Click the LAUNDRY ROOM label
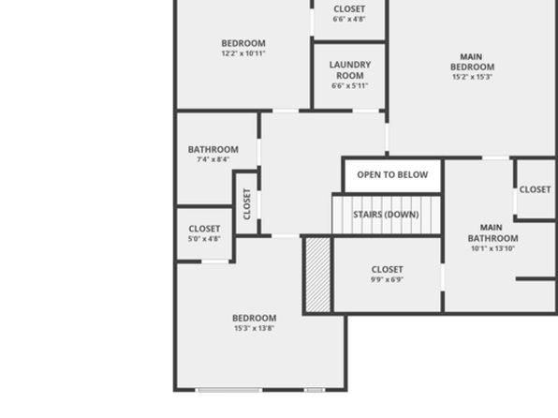tap(350, 70)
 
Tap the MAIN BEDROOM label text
tap(472, 62)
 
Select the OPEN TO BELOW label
tap(392, 174)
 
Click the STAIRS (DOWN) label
tap(386, 215)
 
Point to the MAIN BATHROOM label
tap(492, 232)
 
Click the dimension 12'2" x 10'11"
tap(243, 53)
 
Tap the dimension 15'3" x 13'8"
tap(254, 328)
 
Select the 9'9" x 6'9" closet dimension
tap(387, 279)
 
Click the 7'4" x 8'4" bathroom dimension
tap(213, 159)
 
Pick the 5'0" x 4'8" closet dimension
tap(204, 239)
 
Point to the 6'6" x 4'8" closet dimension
tap(349, 19)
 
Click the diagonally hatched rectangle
tap(318, 276)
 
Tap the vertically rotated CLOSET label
tap(247, 203)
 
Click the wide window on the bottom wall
tap(229, 390)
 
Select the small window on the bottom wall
tap(315, 390)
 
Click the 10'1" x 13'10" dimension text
tap(492, 248)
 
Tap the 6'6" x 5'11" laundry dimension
tap(350, 86)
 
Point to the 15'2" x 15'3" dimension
tap(472, 77)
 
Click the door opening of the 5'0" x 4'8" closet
tap(215, 261)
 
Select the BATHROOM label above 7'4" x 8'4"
tap(213, 149)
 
